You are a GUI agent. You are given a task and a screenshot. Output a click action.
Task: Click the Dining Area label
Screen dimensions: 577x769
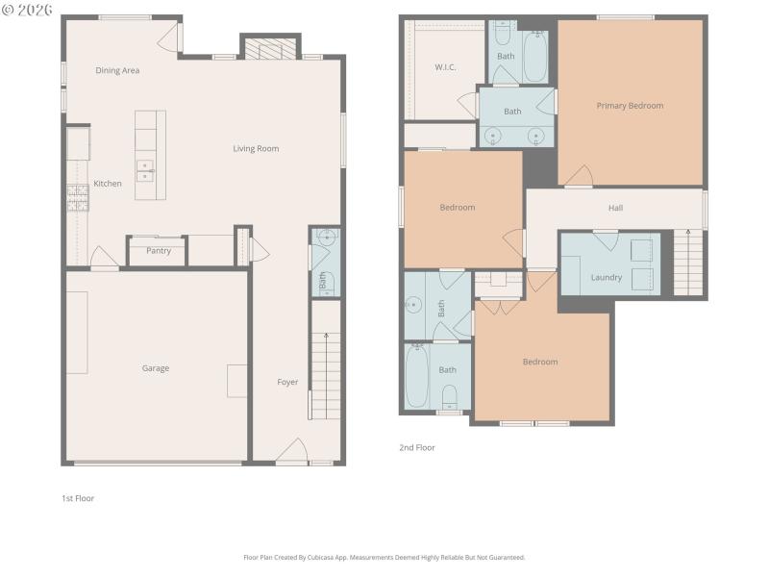[x=117, y=70]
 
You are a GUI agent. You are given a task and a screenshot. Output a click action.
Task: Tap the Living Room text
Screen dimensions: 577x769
[x=256, y=148]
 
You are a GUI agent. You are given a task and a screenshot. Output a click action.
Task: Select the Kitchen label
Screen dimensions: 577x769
[x=107, y=184]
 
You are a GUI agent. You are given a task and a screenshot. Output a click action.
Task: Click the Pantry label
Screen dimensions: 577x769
[x=159, y=251]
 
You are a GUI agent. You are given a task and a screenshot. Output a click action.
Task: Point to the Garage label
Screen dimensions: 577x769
[x=156, y=368]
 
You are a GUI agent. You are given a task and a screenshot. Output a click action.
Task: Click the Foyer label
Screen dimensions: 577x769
[x=287, y=382]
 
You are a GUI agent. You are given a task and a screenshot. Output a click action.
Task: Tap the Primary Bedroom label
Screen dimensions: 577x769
[x=630, y=106]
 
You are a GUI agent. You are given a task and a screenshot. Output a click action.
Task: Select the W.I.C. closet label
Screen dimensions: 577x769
[x=444, y=67]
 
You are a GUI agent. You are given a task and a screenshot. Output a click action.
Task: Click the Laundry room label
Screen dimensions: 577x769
[x=606, y=278]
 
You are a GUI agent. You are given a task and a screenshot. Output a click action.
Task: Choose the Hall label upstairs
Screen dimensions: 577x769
[x=615, y=208]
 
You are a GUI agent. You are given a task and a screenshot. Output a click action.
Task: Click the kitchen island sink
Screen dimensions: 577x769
[x=145, y=171]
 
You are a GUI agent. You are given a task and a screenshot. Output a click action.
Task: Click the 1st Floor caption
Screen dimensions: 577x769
[x=78, y=498]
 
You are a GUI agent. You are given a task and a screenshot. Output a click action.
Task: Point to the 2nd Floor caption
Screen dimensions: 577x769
[x=417, y=447]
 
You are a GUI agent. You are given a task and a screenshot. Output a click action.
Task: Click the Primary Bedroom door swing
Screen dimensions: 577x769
[x=579, y=177]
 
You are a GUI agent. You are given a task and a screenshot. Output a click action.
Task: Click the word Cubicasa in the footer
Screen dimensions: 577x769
[x=337, y=557]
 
